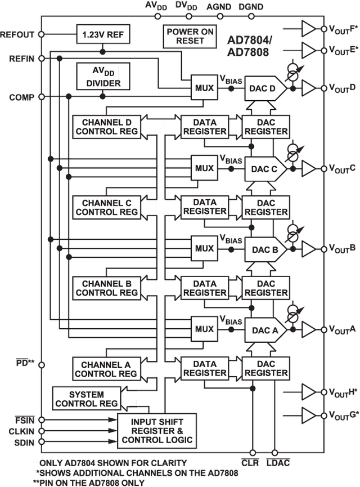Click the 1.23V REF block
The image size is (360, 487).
tap(103, 34)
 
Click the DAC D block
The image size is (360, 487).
tap(262, 87)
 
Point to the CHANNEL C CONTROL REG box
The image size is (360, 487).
tap(106, 207)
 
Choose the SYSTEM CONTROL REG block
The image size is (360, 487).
tap(85, 399)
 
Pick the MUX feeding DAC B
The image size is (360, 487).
tap(204, 248)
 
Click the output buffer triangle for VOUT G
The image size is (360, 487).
tap(308, 416)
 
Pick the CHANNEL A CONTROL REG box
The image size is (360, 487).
tap(106, 369)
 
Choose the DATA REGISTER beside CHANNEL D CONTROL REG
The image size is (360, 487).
tap(204, 126)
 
